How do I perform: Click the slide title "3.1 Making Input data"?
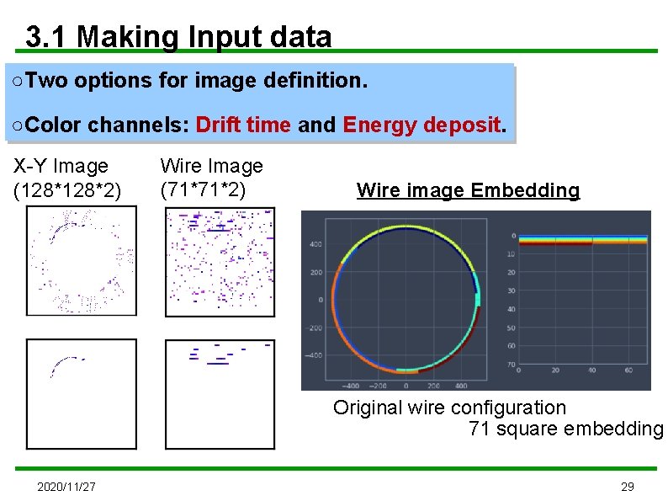(178, 37)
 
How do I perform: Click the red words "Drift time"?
(242, 125)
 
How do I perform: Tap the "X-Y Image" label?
(61, 166)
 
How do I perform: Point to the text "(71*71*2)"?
(203, 190)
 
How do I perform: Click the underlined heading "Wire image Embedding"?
(468, 190)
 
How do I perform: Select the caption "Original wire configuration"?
(449, 408)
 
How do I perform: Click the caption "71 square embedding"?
(565, 429)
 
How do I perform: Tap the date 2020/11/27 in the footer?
(66, 487)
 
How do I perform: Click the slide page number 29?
(627, 487)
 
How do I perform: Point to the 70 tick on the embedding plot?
(511, 364)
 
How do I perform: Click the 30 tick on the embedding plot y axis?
(511, 290)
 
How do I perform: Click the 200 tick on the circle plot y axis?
(315, 272)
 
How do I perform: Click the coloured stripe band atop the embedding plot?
(582, 241)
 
